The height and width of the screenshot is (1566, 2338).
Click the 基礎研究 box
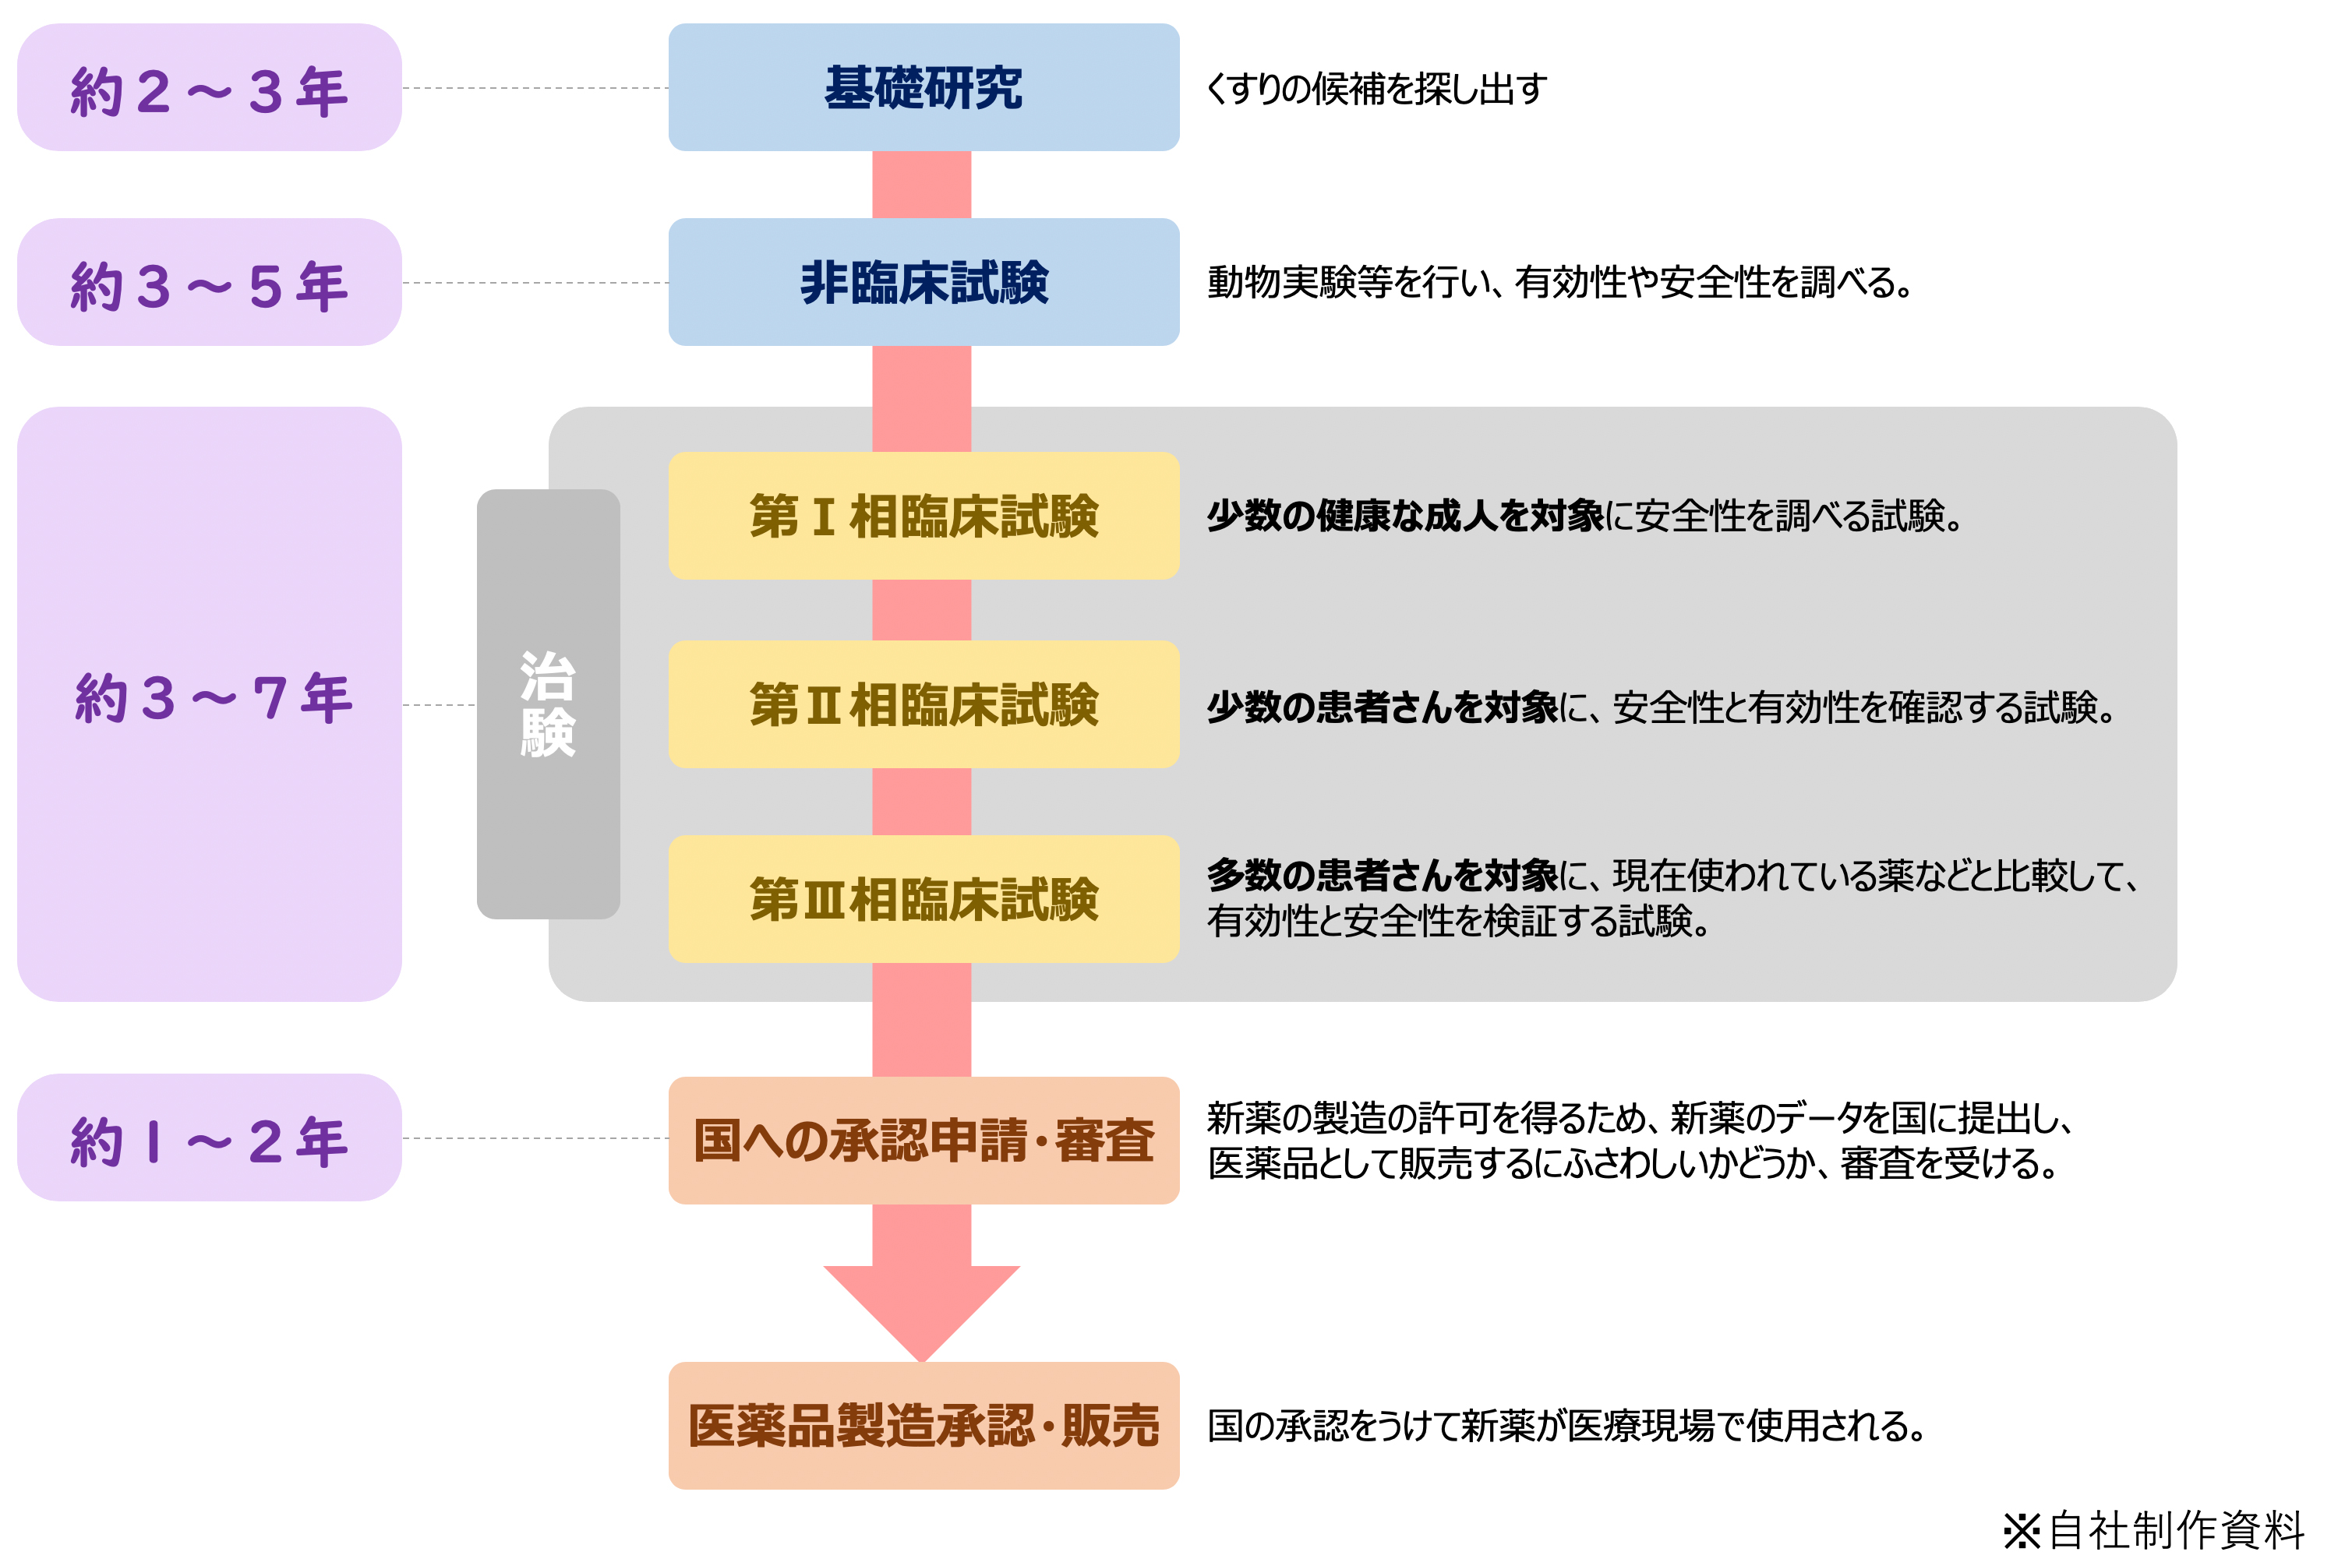(923, 88)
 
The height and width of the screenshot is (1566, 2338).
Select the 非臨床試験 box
(923, 283)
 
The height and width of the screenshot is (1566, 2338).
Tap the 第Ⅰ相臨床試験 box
(923, 517)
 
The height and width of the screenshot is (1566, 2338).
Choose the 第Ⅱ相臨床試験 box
(923, 705)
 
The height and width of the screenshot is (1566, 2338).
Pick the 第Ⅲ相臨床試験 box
(923, 899)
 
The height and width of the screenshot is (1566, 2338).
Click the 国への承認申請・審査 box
(923, 1141)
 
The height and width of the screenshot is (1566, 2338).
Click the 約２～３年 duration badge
(209, 89)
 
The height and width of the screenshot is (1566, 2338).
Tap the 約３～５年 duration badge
(209, 284)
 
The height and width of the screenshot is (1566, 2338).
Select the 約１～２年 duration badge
(209, 1138)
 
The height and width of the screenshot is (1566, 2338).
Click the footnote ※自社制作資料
(2153, 1529)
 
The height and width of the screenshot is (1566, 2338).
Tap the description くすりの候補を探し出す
(1376, 89)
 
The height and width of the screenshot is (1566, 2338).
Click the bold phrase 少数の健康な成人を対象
(1404, 517)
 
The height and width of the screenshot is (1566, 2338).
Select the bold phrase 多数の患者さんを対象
(1381, 875)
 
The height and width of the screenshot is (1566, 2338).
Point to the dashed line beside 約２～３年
(535, 89)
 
